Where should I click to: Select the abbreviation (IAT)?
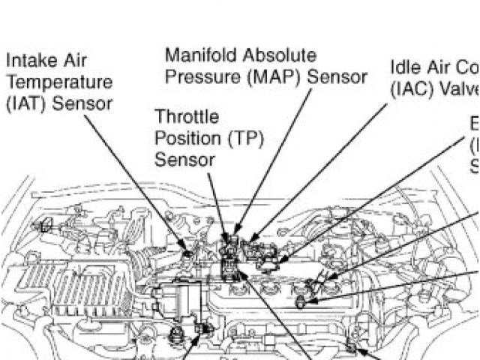coord(26,103)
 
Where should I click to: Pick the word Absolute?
coord(277,55)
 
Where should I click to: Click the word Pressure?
coord(196,77)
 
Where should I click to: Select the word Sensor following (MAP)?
coord(337,77)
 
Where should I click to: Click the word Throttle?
coord(187,117)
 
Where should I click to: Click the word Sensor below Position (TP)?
coord(184,159)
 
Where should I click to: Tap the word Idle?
coord(404,67)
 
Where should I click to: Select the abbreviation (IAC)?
coord(412,89)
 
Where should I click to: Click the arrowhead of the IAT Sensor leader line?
coord(192,253)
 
